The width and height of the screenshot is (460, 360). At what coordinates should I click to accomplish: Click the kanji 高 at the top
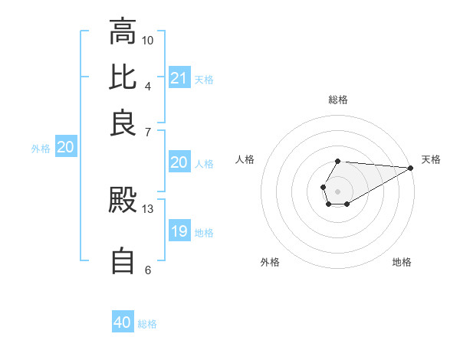pyautogui.click(x=123, y=32)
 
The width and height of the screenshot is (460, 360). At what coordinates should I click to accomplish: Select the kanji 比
pyautogui.click(x=123, y=77)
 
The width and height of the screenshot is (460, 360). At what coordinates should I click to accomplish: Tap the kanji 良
pyautogui.click(x=123, y=123)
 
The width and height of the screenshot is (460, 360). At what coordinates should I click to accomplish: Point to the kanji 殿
pyautogui.click(x=123, y=201)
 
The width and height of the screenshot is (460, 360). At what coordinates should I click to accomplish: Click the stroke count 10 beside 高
pyautogui.click(x=148, y=40)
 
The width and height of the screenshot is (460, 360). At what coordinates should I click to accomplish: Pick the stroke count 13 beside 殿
pyautogui.click(x=148, y=208)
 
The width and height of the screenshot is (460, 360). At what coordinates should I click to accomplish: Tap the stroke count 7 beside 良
pyautogui.click(x=148, y=131)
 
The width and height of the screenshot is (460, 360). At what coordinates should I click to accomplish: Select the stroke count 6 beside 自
pyautogui.click(x=148, y=270)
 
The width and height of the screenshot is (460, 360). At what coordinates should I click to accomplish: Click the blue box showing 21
pyautogui.click(x=179, y=78)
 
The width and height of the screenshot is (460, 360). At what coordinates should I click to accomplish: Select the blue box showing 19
pyautogui.click(x=179, y=231)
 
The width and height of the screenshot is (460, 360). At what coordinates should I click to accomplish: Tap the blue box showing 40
pyautogui.click(x=123, y=323)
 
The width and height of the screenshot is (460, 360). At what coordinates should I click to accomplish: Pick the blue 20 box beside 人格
pyautogui.click(x=179, y=162)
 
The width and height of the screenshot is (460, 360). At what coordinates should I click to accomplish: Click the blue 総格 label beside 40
pyautogui.click(x=147, y=324)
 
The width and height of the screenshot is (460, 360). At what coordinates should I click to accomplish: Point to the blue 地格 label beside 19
pyautogui.click(x=204, y=232)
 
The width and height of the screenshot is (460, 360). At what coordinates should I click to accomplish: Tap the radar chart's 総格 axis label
pyautogui.click(x=338, y=100)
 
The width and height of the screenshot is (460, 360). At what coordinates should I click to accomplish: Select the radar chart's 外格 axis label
pyautogui.click(x=270, y=263)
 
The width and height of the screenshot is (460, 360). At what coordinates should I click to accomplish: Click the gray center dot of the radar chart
pyautogui.click(x=338, y=190)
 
